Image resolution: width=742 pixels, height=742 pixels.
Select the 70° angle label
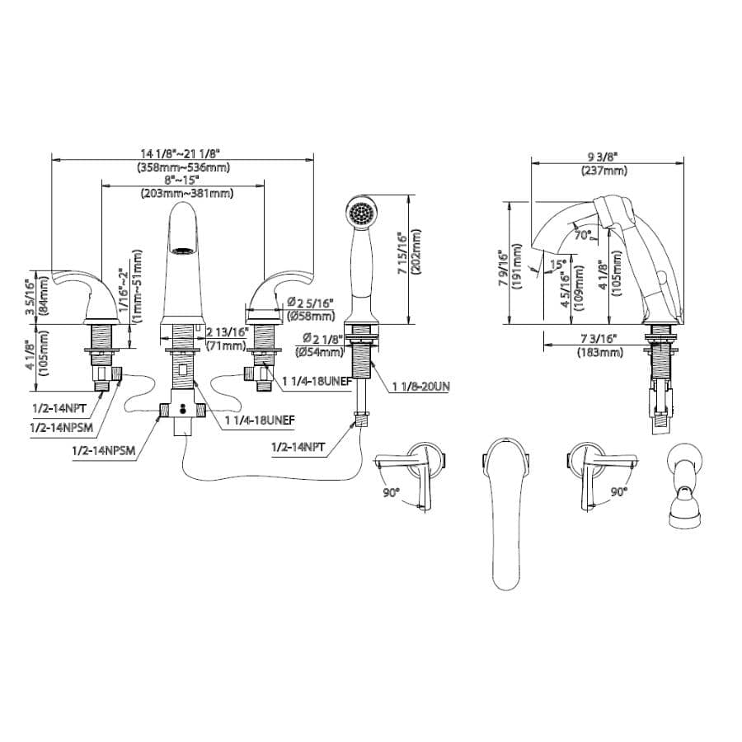(583, 236)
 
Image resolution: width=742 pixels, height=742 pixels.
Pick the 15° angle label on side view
(558, 265)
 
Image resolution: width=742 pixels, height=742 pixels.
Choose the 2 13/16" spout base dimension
(224, 332)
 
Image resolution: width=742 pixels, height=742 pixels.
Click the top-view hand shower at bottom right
(683, 486)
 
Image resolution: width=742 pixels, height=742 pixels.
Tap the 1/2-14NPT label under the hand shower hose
(298, 446)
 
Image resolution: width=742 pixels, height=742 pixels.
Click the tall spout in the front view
(185, 264)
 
